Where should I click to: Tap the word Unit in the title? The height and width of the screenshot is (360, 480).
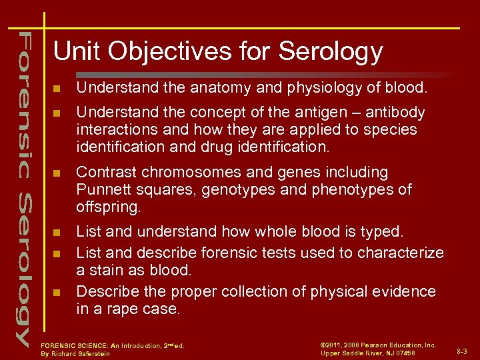coord(74,51)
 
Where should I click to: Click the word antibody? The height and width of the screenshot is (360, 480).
coord(393,112)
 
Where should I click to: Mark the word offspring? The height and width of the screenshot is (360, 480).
coord(107,207)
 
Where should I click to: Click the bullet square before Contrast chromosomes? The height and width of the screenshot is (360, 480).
coord(57,173)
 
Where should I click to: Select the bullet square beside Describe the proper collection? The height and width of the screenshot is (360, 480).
coord(57,292)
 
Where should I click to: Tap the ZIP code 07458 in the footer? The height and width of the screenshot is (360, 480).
coord(405,353)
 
